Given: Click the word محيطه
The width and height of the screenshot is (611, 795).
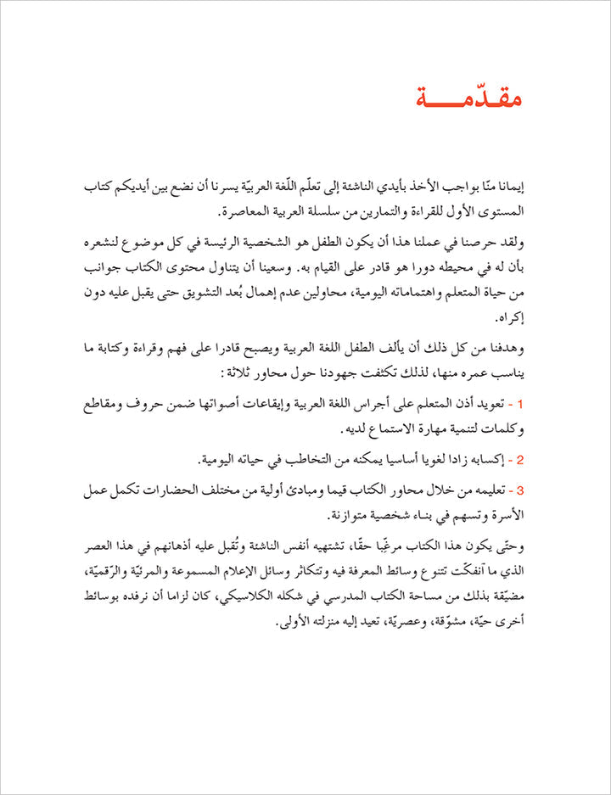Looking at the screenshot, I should pyautogui.click(x=462, y=269).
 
